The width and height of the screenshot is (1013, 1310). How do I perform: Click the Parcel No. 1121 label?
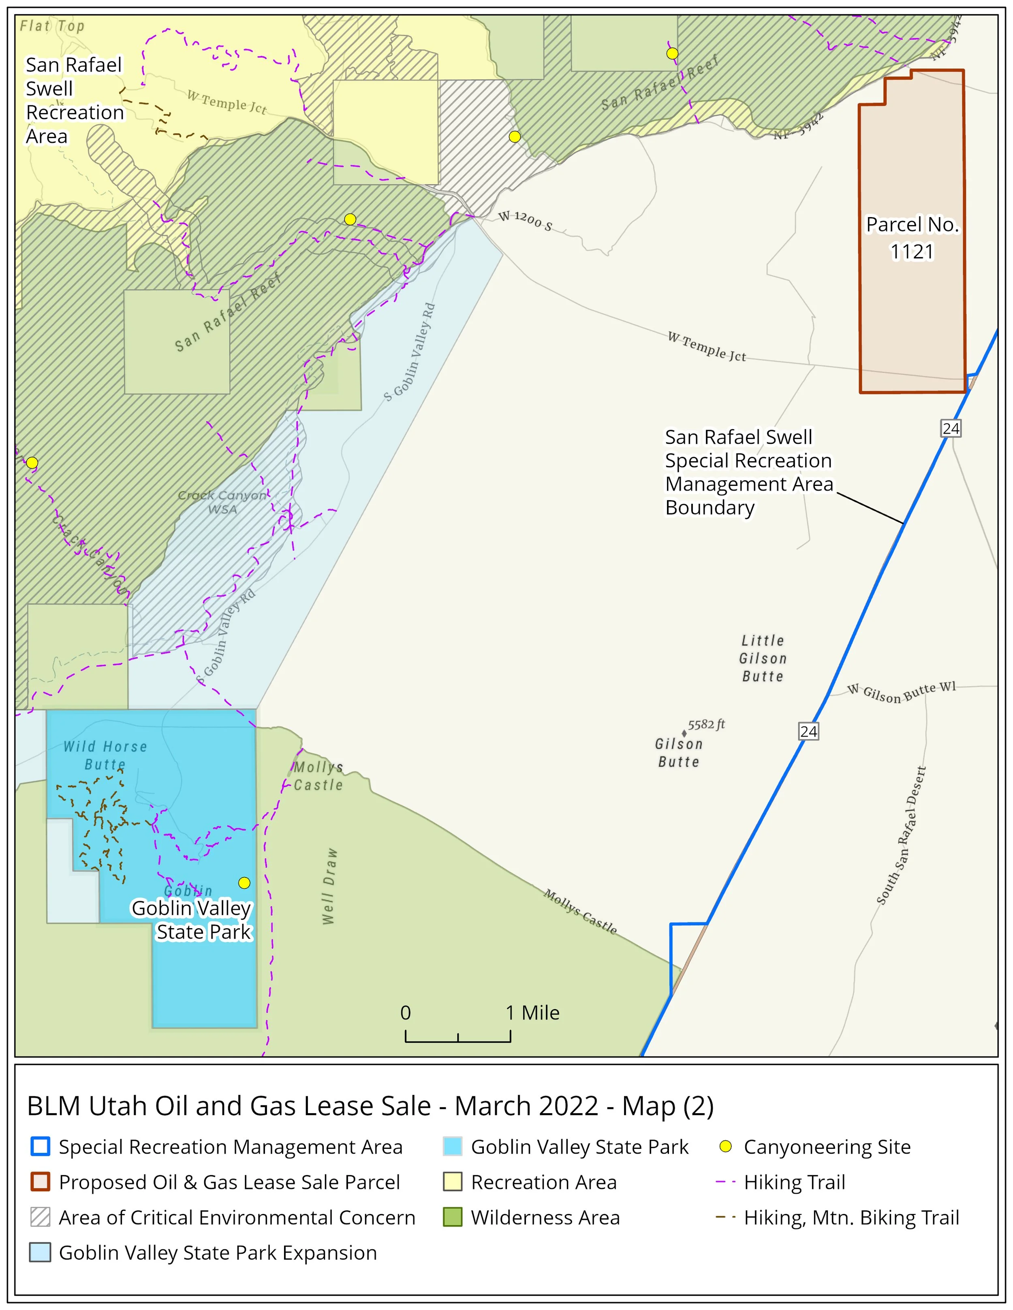(912, 238)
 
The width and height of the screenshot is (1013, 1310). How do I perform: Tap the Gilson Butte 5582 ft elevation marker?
(684, 733)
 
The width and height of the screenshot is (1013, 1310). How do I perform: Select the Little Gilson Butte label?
(763, 658)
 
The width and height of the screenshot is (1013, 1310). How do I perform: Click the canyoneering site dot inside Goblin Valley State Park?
(244, 882)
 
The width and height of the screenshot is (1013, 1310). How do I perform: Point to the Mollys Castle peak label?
(318, 776)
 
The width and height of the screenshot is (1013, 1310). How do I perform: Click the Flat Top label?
(52, 26)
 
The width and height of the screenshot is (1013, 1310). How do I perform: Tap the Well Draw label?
(329, 886)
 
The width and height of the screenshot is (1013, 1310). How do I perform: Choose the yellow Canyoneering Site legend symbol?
(726, 1146)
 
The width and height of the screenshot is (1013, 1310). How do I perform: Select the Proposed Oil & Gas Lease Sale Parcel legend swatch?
(40, 1182)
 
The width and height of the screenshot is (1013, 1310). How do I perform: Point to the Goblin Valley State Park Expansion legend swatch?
(40, 1252)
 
